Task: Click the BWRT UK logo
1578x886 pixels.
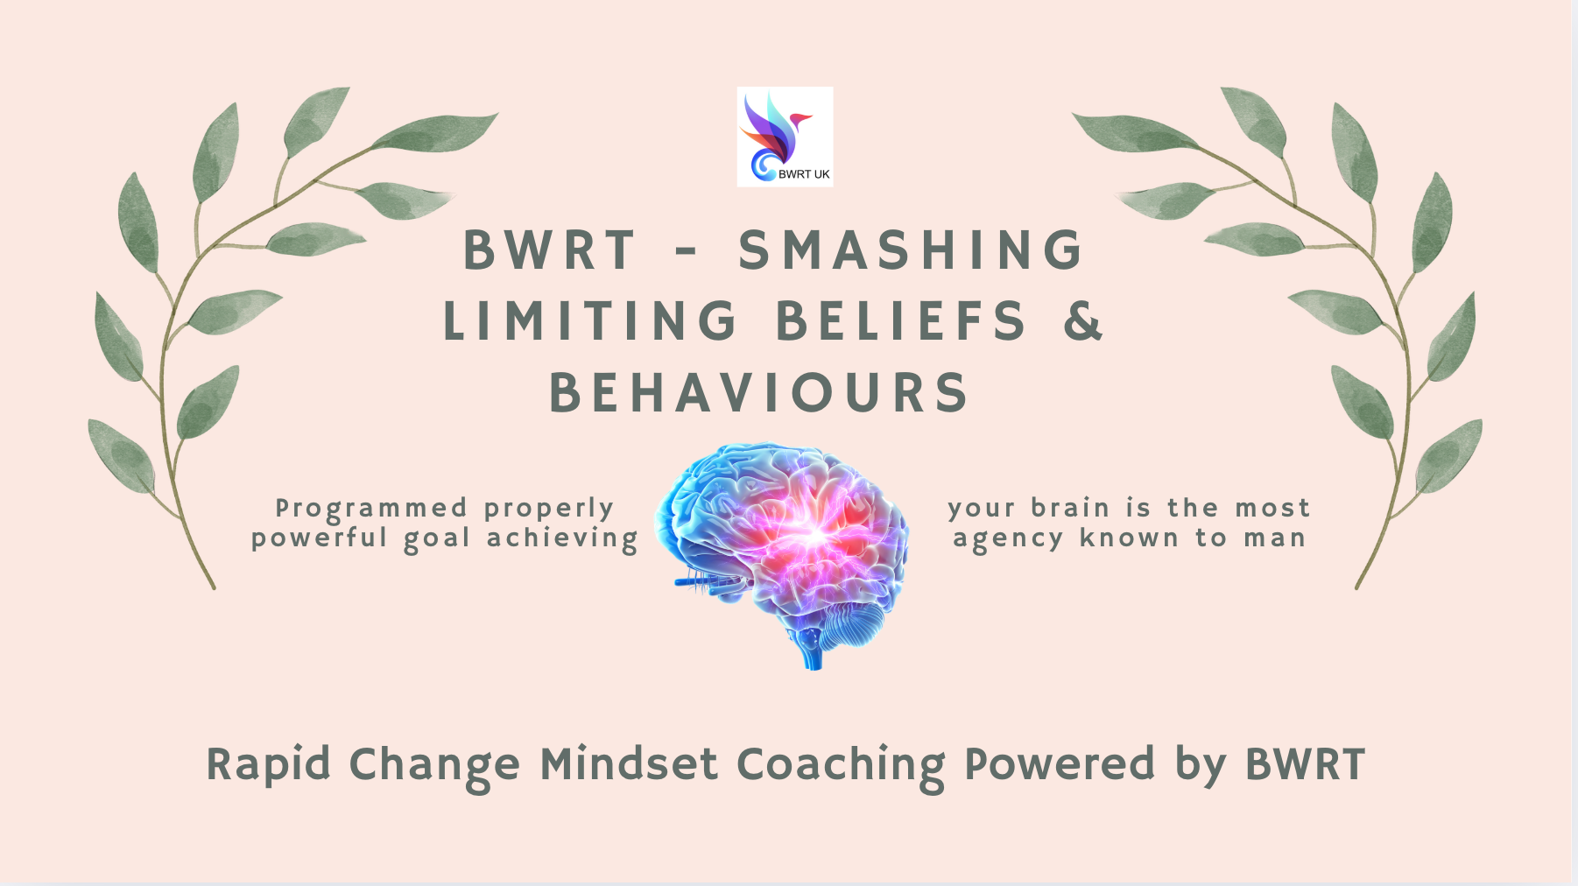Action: click(785, 137)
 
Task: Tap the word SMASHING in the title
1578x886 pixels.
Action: click(912, 250)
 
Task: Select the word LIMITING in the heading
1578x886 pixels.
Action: click(591, 320)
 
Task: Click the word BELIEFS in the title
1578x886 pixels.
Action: click(901, 320)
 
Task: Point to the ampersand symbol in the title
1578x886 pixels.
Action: click(1084, 320)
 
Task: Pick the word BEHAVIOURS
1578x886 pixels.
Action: click(759, 392)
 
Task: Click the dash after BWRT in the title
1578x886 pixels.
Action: click(687, 252)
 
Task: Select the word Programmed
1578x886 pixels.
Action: click(372, 510)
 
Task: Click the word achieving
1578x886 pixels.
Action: click(563, 538)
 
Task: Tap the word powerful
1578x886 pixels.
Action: click(320, 538)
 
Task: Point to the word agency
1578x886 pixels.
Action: click(1007, 539)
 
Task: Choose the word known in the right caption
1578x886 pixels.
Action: click(1129, 538)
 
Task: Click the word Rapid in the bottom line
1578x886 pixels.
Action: click(268, 764)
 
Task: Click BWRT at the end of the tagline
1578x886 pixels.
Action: click(1305, 764)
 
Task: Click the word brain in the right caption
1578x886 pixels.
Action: click(1070, 508)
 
